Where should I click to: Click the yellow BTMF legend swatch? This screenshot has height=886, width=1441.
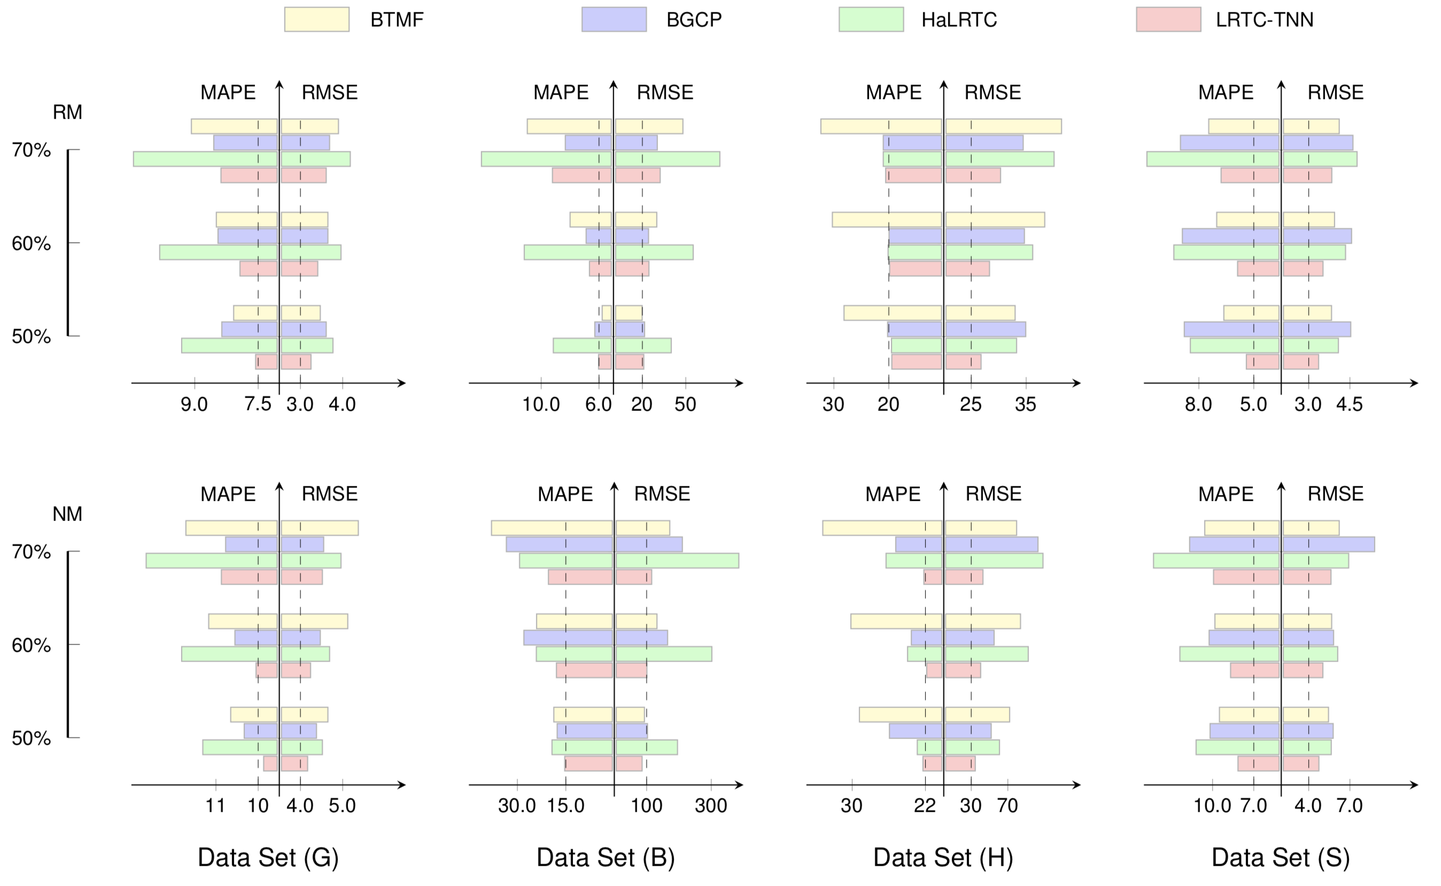316,19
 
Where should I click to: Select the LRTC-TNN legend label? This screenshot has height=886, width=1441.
1264,20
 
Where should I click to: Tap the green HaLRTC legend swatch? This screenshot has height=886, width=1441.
871,19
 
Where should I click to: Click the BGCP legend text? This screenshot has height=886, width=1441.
694,20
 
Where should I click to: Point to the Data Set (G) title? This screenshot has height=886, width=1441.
268,857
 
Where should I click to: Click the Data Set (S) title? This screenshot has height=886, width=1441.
1281,857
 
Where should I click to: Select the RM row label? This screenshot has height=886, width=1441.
67,112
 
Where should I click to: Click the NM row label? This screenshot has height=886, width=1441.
67,514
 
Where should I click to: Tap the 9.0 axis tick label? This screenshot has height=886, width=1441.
194,405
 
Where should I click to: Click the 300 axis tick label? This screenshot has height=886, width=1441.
711,806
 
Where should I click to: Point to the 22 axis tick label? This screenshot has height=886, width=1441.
925,806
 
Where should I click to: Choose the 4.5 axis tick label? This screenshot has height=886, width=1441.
1349,405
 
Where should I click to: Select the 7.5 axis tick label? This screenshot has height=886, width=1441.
258,405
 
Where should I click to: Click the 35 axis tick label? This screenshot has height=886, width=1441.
1026,405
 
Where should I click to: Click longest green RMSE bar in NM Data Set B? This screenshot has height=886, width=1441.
677,561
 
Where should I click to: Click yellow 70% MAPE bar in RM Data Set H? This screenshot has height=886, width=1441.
881,127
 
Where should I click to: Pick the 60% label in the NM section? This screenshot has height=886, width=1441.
31,645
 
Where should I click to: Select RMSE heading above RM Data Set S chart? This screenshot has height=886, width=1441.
1336,92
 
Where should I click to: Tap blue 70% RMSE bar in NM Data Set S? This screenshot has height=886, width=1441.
1328,545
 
